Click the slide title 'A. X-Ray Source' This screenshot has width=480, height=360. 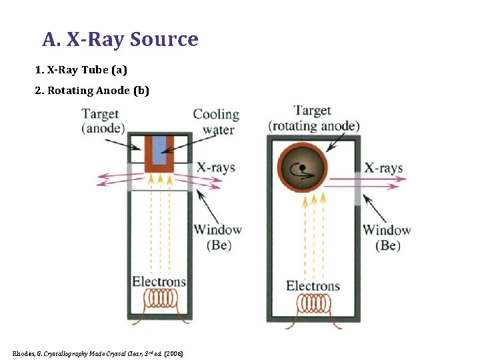(x=120, y=40)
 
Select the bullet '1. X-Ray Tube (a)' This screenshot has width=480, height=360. (x=81, y=70)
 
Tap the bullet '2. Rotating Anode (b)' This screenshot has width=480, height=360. (x=92, y=91)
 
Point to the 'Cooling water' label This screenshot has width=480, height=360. (x=216, y=122)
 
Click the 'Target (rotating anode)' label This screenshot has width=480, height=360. (x=313, y=118)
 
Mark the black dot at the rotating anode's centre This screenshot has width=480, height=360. (x=302, y=167)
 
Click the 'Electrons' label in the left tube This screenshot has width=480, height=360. (x=159, y=281)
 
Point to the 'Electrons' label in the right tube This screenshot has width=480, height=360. (x=313, y=286)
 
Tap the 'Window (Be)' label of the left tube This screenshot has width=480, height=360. (x=217, y=237)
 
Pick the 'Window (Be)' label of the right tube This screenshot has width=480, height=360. (x=387, y=238)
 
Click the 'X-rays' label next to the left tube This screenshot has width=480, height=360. (x=215, y=167)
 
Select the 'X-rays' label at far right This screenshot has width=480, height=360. (x=383, y=167)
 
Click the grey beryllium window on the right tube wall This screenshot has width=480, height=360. (x=357, y=188)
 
